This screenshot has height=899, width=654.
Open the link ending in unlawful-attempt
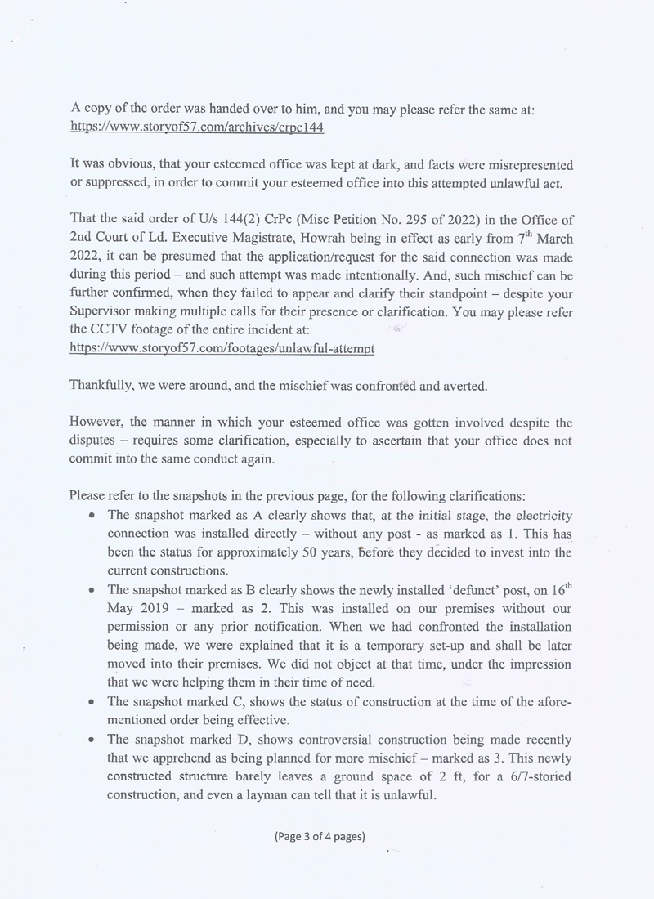pyautogui.click(x=222, y=348)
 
